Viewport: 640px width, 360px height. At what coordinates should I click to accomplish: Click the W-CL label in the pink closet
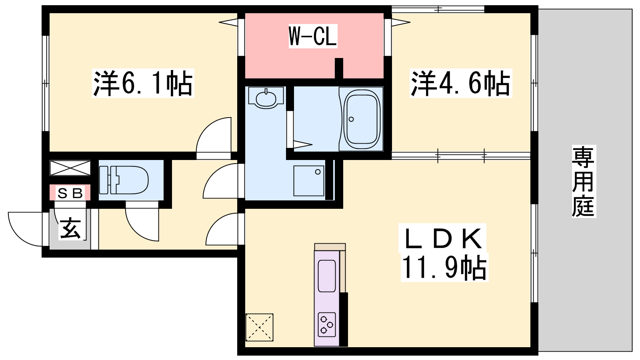click(x=313, y=36)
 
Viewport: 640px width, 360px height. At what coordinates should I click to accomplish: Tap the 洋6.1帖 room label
click(x=143, y=83)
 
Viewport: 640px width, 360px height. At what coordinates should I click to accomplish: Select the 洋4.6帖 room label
click(x=460, y=83)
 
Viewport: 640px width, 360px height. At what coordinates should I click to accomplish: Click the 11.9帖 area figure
click(x=444, y=268)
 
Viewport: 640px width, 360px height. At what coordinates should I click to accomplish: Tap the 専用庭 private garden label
click(x=584, y=181)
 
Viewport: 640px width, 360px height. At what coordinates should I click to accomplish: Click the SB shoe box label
click(x=70, y=193)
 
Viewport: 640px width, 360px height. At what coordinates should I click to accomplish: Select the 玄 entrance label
click(x=70, y=228)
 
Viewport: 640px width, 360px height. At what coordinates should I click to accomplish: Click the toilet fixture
click(x=124, y=180)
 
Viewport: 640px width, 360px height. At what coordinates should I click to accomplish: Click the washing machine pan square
click(x=309, y=181)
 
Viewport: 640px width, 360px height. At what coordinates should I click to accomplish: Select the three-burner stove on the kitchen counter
click(x=326, y=324)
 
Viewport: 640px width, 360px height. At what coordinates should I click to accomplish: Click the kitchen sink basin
click(x=326, y=276)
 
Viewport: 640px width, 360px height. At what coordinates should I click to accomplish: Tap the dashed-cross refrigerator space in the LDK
click(x=260, y=327)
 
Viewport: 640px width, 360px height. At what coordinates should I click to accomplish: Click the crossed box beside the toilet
click(x=70, y=168)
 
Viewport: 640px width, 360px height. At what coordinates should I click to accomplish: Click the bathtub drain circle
click(x=351, y=119)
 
